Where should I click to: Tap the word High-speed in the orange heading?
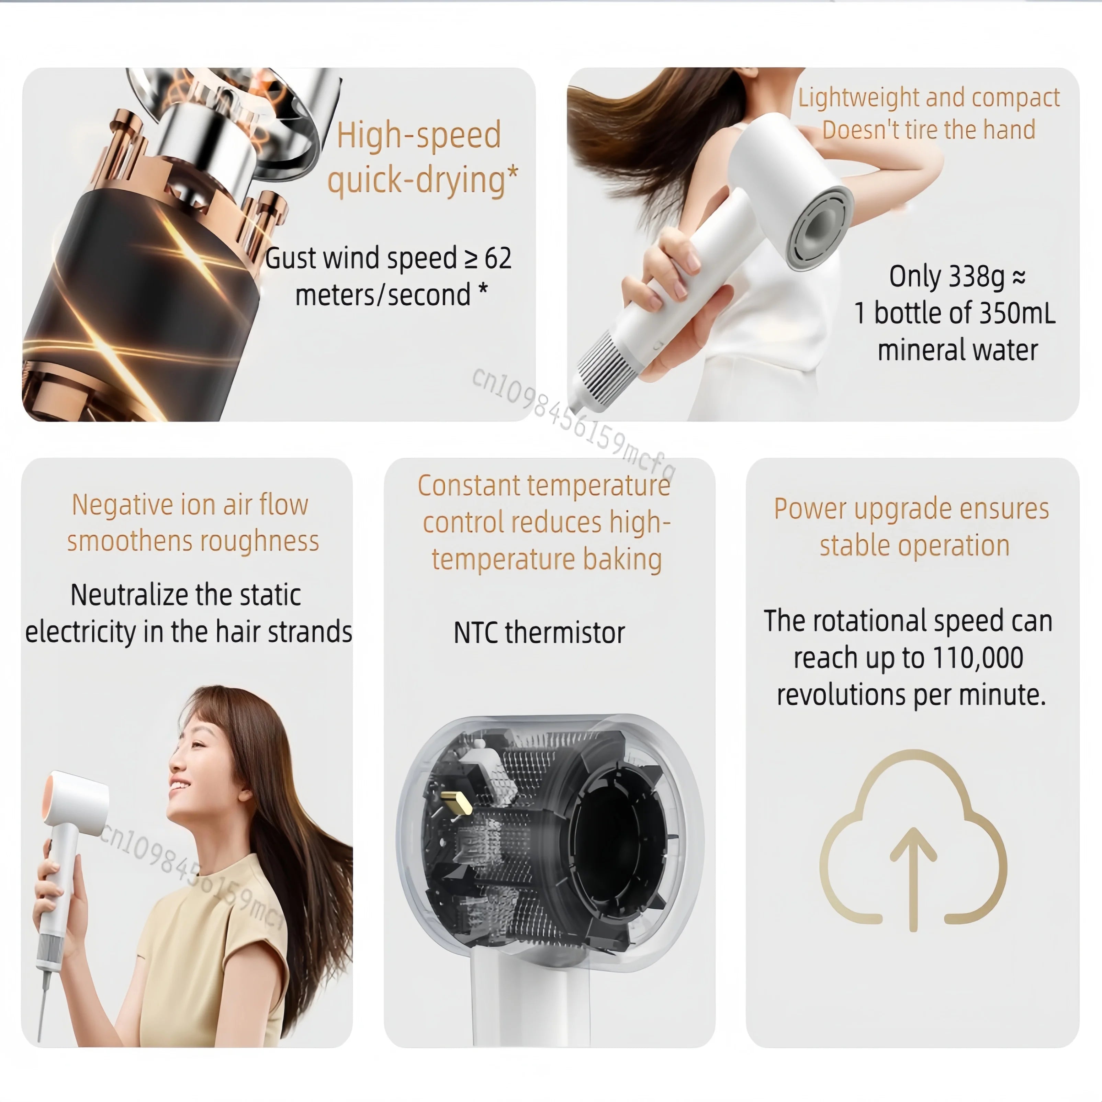click(418, 136)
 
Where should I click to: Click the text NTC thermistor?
click(539, 632)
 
